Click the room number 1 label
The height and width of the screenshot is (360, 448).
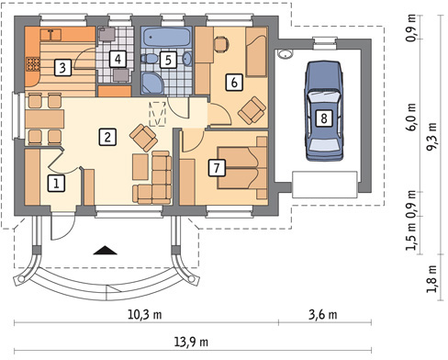click(x=57, y=184)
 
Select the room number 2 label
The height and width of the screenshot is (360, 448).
click(x=107, y=137)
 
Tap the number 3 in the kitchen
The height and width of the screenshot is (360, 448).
click(x=62, y=67)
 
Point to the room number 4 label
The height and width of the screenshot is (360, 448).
click(x=118, y=59)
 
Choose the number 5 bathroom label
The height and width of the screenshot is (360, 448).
click(x=168, y=60)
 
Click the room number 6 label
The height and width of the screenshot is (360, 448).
click(x=234, y=83)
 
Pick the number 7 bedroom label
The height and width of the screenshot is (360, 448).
click(x=217, y=168)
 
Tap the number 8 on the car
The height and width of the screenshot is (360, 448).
click(x=324, y=118)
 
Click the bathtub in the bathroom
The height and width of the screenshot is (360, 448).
click(x=167, y=37)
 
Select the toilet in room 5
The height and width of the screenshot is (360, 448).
click(x=148, y=59)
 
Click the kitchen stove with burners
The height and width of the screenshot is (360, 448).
click(x=33, y=64)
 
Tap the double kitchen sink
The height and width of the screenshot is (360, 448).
click(x=50, y=35)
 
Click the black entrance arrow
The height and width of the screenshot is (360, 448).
click(x=106, y=250)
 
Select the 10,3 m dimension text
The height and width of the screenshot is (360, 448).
click(x=144, y=314)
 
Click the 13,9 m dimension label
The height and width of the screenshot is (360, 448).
click(x=191, y=342)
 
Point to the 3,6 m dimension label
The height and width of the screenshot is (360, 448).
click(x=322, y=314)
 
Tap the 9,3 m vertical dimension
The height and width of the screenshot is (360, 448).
click(x=431, y=137)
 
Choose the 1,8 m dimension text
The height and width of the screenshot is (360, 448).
click(x=431, y=278)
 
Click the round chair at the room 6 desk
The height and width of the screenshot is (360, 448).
click(x=221, y=45)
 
